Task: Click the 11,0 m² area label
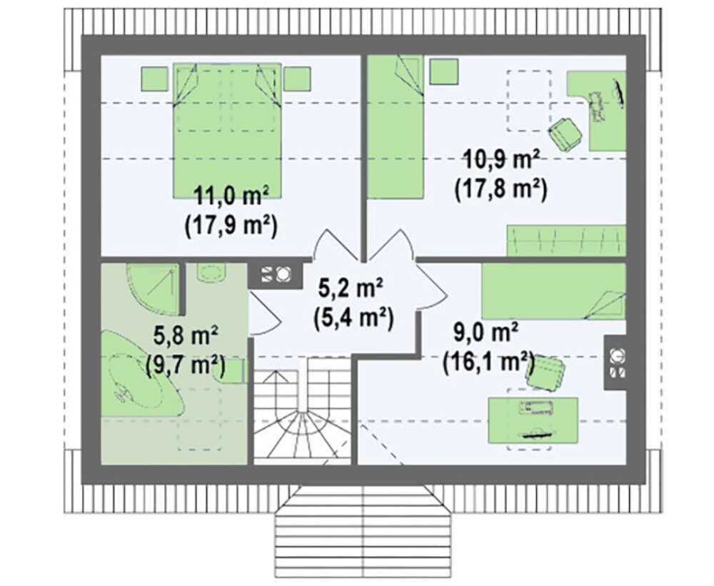tap(231, 196)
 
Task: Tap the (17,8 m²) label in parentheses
tap(501, 189)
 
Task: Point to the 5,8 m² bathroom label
tap(186, 336)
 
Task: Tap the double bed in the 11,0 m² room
tap(227, 130)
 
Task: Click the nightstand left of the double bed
tap(154, 79)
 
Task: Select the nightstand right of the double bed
tap(297, 79)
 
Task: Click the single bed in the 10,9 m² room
tap(396, 127)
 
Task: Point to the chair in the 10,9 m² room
tap(565, 134)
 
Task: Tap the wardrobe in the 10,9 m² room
tap(566, 241)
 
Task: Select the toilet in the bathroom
tap(212, 272)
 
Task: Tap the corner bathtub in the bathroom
tap(141, 373)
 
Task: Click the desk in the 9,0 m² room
tap(533, 420)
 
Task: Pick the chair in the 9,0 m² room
tap(545, 373)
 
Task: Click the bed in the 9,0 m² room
tap(554, 291)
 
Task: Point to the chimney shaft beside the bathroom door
tap(276, 274)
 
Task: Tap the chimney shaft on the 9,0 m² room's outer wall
tap(615, 363)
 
